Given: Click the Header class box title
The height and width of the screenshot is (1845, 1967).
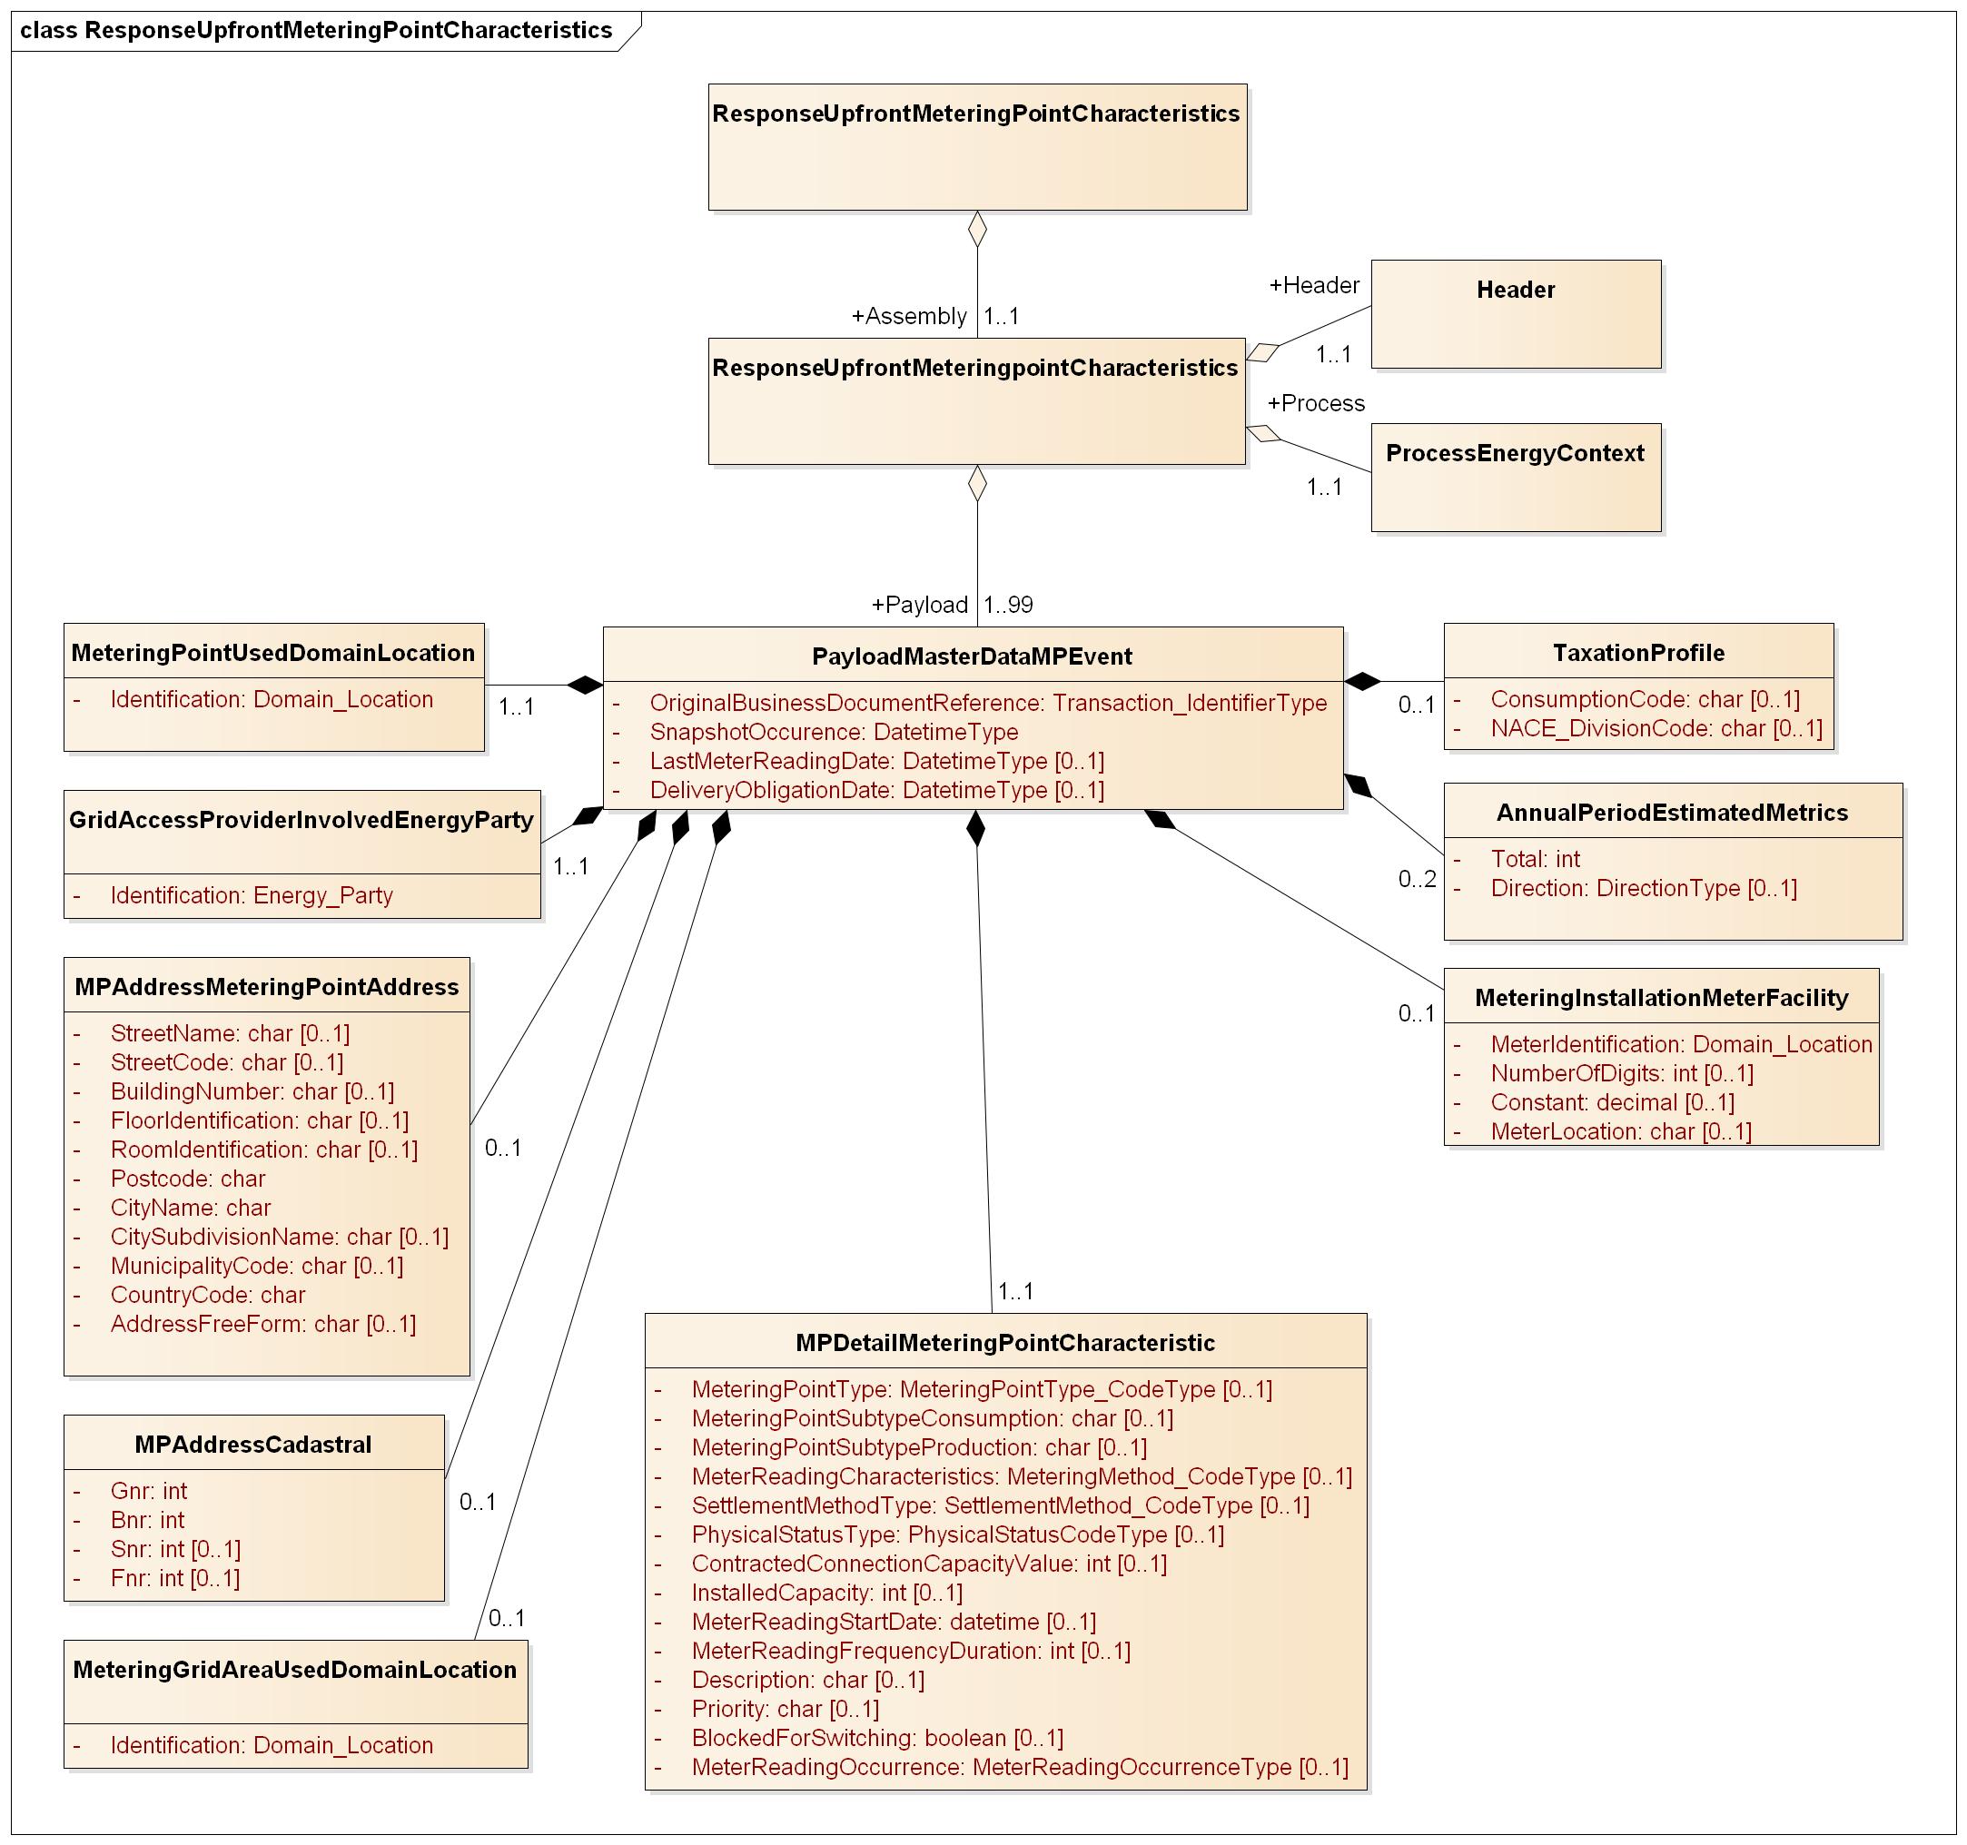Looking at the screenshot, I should (x=1515, y=290).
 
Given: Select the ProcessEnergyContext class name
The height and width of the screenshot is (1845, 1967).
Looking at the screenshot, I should (x=1514, y=453).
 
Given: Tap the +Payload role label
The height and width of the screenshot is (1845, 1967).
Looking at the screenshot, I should (x=919, y=605).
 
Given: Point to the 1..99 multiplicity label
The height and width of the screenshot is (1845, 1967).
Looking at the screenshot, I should (x=1008, y=605).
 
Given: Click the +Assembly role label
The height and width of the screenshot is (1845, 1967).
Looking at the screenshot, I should (x=908, y=317).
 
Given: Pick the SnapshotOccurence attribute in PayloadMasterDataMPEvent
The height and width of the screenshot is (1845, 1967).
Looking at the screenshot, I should (x=833, y=732).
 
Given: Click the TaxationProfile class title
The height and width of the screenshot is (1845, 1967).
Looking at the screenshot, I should (x=1638, y=653).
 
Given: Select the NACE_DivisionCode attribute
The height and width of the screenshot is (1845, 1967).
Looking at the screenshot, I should (x=1656, y=728).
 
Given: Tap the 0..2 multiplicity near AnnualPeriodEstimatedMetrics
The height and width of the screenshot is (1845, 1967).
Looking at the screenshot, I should (x=1417, y=880).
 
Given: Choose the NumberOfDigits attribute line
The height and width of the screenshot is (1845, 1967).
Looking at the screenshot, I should (x=1622, y=1073).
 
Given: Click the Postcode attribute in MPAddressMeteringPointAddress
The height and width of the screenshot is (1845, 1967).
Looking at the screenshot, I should (x=188, y=1179).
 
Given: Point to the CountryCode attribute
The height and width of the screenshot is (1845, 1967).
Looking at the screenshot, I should (x=208, y=1295).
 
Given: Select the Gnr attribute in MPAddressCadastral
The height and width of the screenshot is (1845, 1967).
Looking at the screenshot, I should (x=148, y=1491).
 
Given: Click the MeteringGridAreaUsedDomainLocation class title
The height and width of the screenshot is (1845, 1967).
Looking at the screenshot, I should (x=295, y=1670).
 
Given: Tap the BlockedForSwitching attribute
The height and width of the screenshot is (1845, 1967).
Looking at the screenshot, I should (x=876, y=1738).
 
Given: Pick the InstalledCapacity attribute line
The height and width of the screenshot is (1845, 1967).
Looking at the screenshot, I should (x=826, y=1593).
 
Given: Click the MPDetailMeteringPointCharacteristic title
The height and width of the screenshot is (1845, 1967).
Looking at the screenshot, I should (x=1005, y=1343).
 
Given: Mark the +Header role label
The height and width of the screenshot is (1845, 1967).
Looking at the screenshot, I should (x=1314, y=286).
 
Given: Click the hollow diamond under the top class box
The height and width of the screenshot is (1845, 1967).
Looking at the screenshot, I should (x=977, y=229).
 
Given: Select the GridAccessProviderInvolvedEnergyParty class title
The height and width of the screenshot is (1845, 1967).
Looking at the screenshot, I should (x=301, y=820).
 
